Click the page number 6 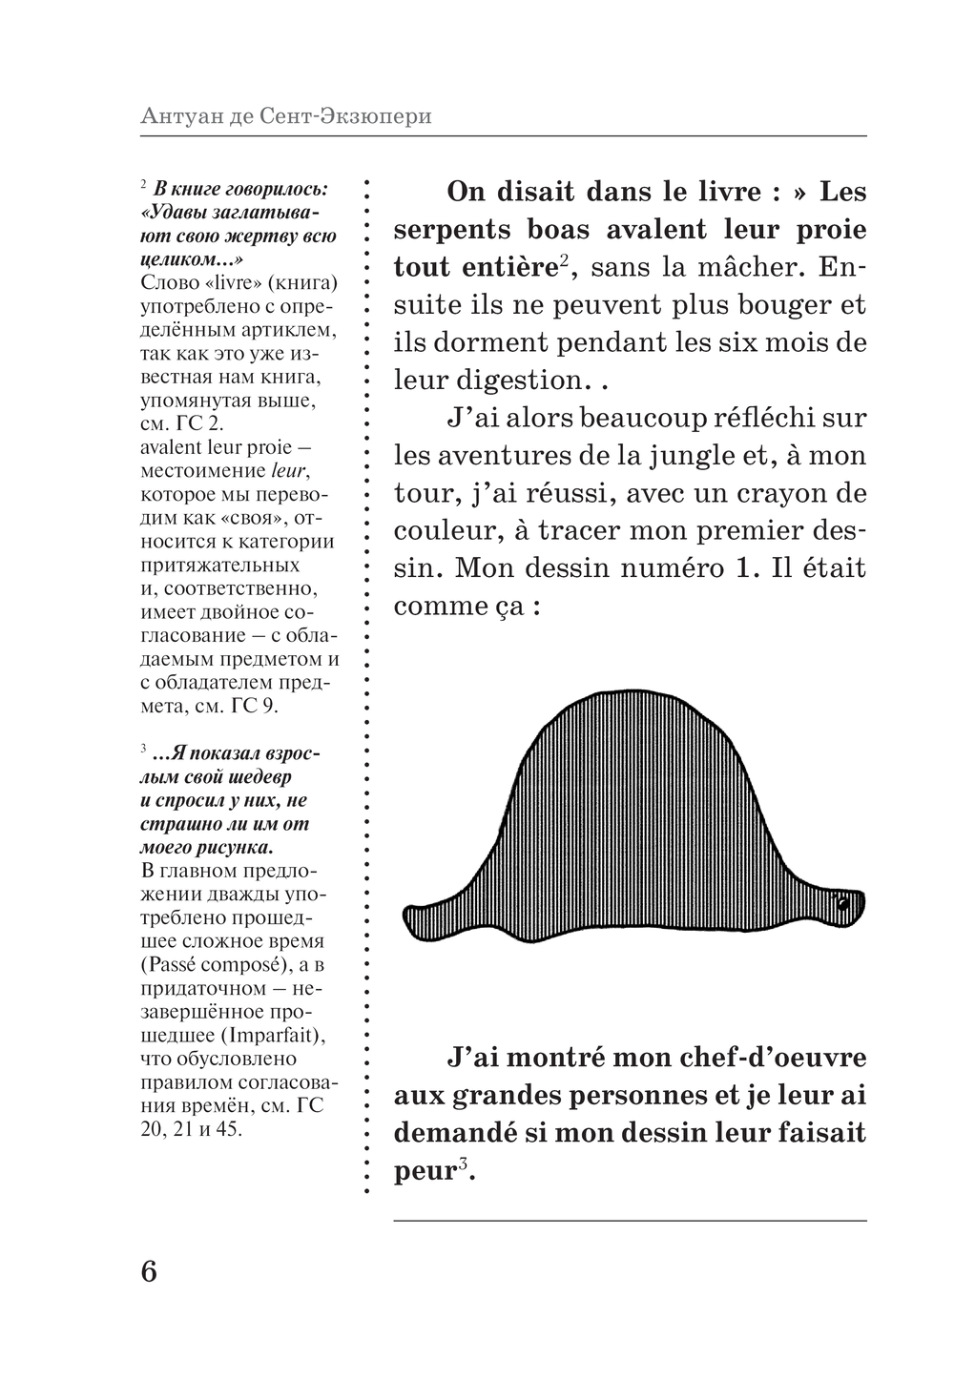coord(149,1271)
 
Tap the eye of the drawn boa coord(842,903)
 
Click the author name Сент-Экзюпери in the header coord(344,116)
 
